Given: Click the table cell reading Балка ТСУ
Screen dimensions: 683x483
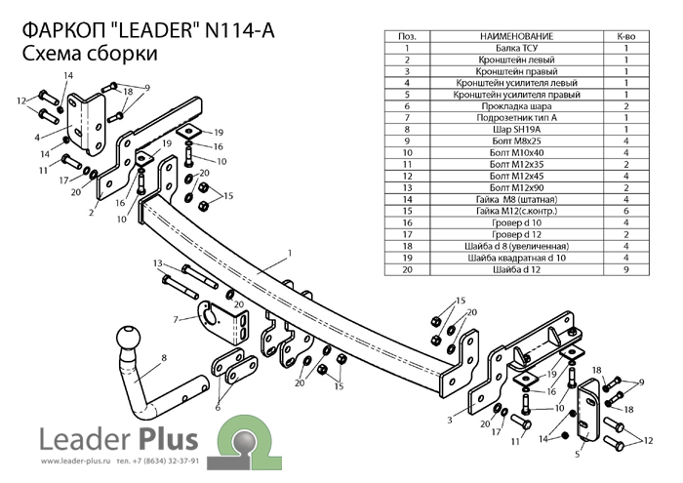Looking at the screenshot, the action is pyautogui.click(x=516, y=48).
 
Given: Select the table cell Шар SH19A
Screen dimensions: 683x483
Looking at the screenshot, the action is pyautogui.click(x=516, y=130).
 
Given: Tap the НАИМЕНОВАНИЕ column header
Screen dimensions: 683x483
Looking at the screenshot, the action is pyautogui.click(x=516, y=36).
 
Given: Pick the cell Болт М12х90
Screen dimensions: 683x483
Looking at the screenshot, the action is pyautogui.click(x=516, y=187).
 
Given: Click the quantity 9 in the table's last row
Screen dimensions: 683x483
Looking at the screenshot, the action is pyautogui.click(x=626, y=269).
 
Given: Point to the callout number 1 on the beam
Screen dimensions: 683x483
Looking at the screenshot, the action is pyautogui.click(x=290, y=253).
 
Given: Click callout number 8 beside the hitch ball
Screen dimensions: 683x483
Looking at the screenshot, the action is pyautogui.click(x=164, y=358).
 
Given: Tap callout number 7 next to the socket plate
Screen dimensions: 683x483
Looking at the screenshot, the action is pyautogui.click(x=176, y=320).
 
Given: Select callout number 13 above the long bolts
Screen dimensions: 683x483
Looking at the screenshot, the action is pyautogui.click(x=158, y=263).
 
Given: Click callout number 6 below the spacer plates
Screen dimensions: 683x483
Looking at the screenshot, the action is pyautogui.click(x=218, y=408).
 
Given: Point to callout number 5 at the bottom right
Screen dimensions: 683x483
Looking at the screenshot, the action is pyautogui.click(x=578, y=455).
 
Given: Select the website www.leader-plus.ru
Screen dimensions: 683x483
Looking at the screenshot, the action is pyautogui.click(x=77, y=462).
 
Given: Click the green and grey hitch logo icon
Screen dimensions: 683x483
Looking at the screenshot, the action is pyautogui.click(x=244, y=442).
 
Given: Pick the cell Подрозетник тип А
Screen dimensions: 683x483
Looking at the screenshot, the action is pyautogui.click(x=516, y=118).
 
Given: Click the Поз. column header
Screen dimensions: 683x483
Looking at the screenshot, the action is pyautogui.click(x=407, y=36).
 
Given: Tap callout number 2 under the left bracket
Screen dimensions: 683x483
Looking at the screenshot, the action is pyautogui.click(x=92, y=213).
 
